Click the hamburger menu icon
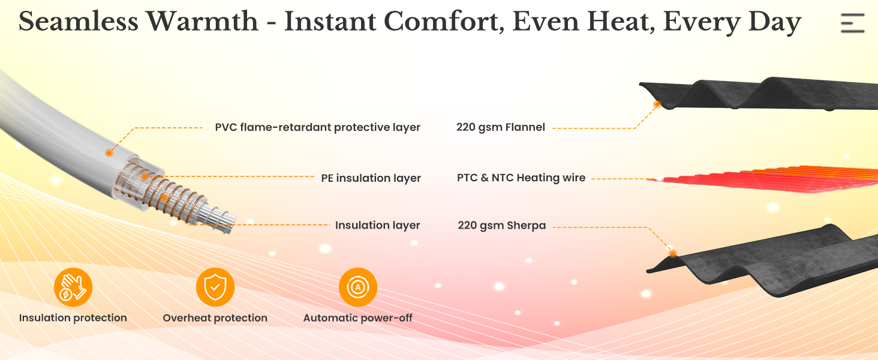852,23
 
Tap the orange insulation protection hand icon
73,287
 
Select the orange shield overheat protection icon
215,287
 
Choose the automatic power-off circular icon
358,287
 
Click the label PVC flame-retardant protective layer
317,127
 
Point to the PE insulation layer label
371,178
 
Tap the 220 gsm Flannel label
500,127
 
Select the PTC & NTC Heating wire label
521,178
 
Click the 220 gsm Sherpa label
501,226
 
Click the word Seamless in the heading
79,22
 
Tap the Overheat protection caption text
215,318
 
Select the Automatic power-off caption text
358,318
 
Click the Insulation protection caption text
73,318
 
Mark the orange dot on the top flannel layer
657,104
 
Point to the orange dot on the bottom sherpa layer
673,253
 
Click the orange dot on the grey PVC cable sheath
109,153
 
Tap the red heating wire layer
768,179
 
